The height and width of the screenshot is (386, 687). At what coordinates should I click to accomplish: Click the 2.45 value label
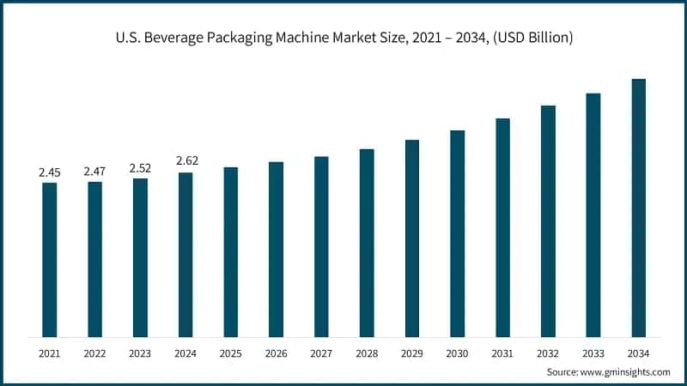click(50, 172)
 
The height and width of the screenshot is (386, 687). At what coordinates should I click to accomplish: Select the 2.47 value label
click(94, 172)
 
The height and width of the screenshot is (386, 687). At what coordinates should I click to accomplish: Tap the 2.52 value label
click(140, 168)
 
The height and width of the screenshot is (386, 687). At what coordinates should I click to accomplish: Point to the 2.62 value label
click(185, 161)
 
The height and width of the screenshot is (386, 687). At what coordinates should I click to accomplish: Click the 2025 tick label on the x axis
click(231, 353)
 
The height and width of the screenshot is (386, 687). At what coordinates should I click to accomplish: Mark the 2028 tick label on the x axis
click(367, 353)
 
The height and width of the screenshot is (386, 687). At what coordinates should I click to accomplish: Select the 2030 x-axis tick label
click(457, 353)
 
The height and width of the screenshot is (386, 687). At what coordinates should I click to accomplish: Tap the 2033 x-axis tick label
click(593, 353)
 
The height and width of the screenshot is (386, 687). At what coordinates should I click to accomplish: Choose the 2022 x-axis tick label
click(94, 353)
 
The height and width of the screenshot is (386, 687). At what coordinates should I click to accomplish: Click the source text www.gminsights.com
click(626, 372)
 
